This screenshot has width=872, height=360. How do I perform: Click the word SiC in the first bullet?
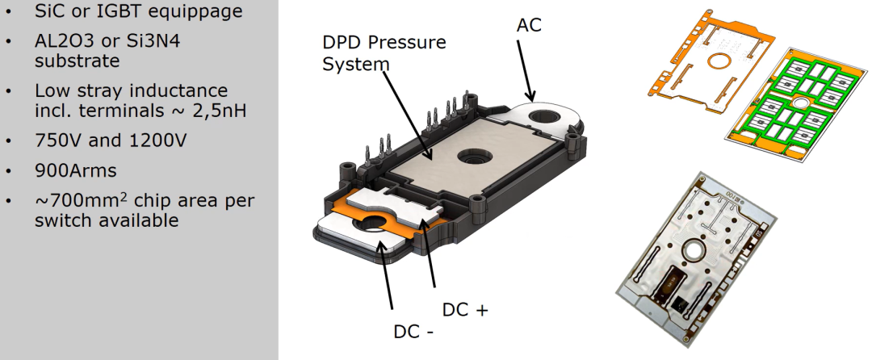tap(50, 12)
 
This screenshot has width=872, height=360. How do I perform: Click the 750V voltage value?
tap(60, 140)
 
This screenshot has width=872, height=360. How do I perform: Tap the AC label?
tap(529, 25)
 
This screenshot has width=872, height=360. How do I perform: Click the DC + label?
tap(465, 309)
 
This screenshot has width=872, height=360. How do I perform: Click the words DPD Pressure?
tap(384, 42)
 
